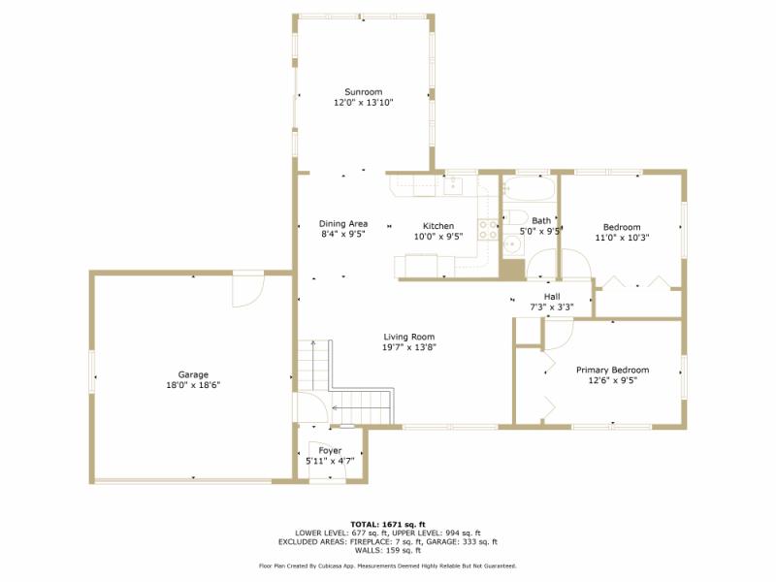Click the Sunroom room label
[363, 92]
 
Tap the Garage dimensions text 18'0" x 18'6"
[192, 385]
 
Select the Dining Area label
[343, 224]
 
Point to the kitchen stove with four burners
[487, 230]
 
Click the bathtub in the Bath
[529, 186]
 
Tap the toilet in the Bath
[513, 218]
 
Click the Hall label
[551, 297]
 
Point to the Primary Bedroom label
[612, 370]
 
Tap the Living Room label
[408, 337]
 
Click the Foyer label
[330, 451]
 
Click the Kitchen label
[437, 226]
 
